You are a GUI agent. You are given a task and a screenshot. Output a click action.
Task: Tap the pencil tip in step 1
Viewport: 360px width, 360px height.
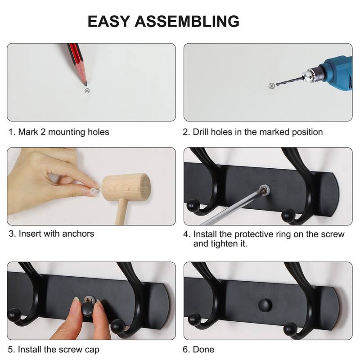tap(85, 83)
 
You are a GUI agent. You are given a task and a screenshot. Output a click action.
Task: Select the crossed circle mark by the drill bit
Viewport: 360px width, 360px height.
tap(271, 86)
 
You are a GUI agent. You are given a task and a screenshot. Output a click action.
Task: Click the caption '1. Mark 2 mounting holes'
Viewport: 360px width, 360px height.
tap(58, 132)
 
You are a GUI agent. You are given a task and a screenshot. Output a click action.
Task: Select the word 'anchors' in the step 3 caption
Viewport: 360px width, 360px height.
tap(79, 234)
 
